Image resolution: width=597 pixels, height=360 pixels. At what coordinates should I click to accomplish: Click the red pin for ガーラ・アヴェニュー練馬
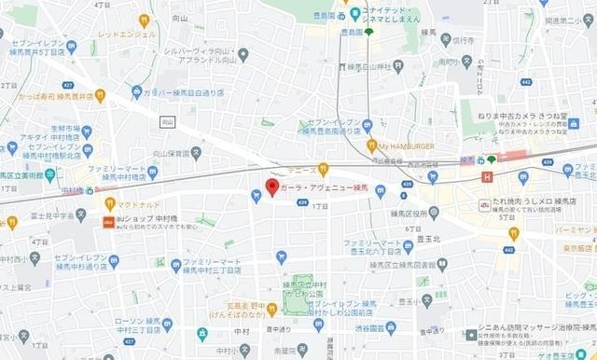(272, 187)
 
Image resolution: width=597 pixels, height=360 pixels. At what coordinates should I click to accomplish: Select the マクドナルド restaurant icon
(109, 204)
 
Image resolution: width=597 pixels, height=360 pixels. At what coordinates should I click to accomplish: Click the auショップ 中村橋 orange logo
(108, 222)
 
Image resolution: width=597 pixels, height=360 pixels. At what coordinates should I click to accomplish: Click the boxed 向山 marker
(168, 121)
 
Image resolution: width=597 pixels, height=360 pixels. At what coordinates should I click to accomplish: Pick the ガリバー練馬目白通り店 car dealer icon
(135, 93)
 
